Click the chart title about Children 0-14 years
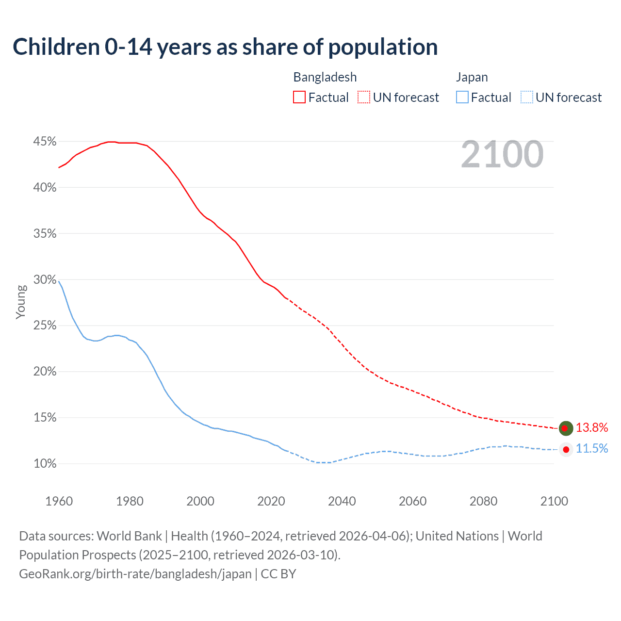coord(225,47)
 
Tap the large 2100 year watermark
coord(502,154)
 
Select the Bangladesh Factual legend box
coord(299,98)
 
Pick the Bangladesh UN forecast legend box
coord(364,98)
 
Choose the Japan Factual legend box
coord(462,98)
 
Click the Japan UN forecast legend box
coord(527,98)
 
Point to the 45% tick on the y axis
coord(45,142)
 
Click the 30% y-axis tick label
coord(45,280)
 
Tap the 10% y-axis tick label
coord(45,464)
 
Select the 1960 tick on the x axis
coord(59,501)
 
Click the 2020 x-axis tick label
coord(271,501)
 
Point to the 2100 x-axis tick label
coord(554,501)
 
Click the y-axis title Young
coord(21,302)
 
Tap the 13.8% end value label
coord(592,427)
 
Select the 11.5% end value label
coord(592,449)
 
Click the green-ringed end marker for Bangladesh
coord(566,428)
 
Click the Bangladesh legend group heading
coord(325,77)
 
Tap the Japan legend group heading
coord(472,77)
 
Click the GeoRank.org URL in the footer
coord(135,574)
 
